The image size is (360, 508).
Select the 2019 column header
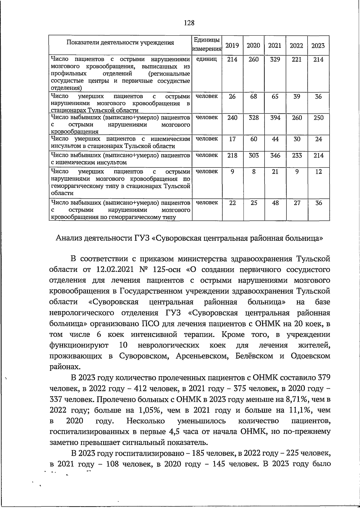pos(232,46)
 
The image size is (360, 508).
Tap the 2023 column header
pos(318,46)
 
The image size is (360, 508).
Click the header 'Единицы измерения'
pos(207,44)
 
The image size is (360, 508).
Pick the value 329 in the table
pos(275,59)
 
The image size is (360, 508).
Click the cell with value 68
pos(253,96)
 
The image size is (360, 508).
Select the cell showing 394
pos(275,118)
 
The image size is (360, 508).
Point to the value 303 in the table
pos(253,155)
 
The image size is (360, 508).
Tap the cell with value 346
pos(275,155)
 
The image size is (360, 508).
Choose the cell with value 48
pos(275,203)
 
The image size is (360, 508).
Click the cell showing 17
pos(232,139)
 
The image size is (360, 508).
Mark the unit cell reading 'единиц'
pos(206,59)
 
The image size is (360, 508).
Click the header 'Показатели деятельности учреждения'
pos(120,42)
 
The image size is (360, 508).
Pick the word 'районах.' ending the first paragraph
pos(65,367)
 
